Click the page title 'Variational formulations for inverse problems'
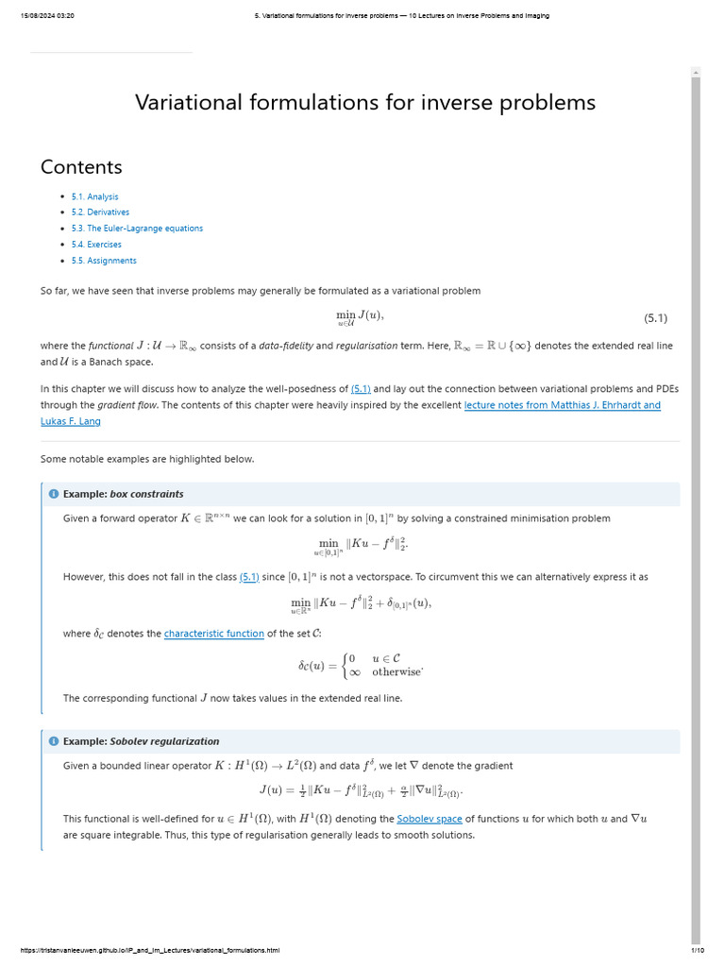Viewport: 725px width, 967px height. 364,102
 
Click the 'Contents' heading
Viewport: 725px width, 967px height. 81,167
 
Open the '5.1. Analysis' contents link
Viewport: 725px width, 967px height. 94,196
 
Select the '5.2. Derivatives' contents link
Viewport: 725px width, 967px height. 100,212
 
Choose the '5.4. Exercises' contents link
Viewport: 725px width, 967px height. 96,245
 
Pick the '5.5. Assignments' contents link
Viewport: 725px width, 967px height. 104,261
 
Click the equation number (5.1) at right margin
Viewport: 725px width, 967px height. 655,318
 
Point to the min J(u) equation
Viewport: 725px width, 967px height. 360,318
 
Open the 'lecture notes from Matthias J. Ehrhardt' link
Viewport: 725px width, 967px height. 562,405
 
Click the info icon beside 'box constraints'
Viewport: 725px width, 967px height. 54,494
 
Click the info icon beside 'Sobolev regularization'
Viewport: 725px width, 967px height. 54,741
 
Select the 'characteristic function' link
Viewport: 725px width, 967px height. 213,634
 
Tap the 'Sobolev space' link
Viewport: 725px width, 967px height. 429,819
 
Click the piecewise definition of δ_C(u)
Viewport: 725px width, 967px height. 360,666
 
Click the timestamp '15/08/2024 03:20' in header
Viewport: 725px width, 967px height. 47,15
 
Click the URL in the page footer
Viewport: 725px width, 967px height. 149,950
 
